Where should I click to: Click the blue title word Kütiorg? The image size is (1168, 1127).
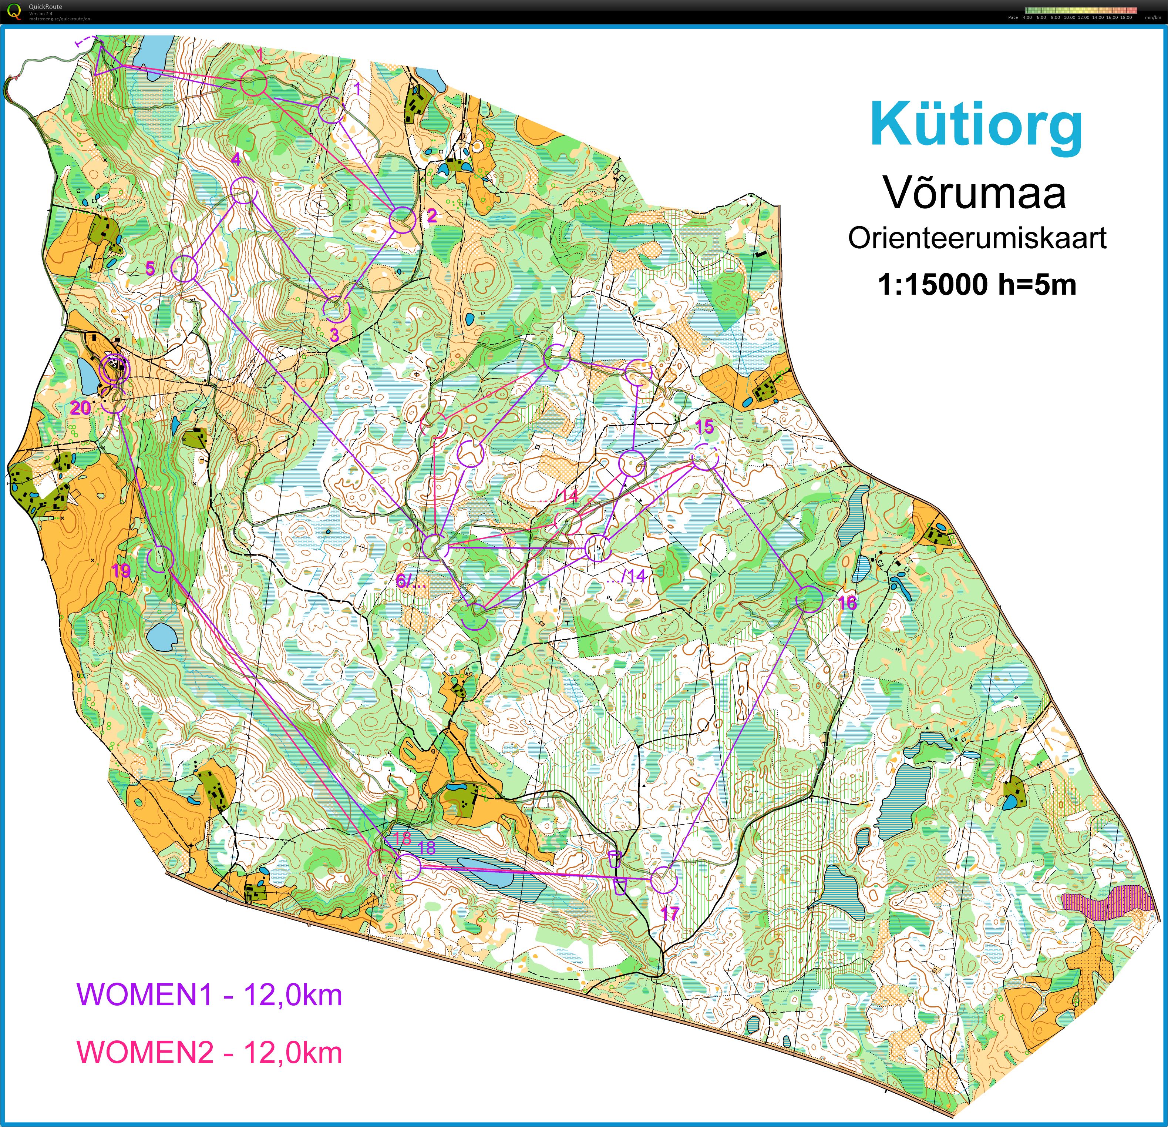pos(976,125)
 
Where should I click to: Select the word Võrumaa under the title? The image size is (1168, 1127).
pos(975,192)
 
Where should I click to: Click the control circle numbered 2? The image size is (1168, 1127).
pos(402,220)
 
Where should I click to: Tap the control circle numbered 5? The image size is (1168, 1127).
pos(184,269)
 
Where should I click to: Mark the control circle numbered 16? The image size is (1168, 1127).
pos(809,599)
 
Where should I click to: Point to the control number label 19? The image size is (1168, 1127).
pos(121,571)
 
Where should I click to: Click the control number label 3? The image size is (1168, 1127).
pos(334,335)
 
